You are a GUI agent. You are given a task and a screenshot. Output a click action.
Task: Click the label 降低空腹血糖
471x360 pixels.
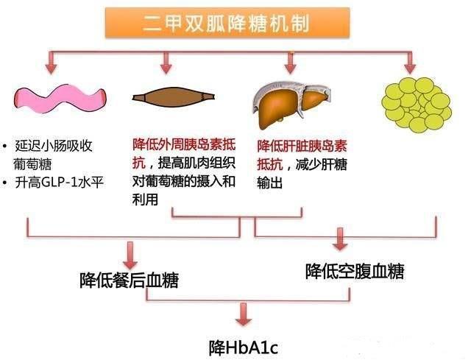click(354, 271)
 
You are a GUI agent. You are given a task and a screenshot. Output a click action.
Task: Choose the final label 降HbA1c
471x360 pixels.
click(236, 345)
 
